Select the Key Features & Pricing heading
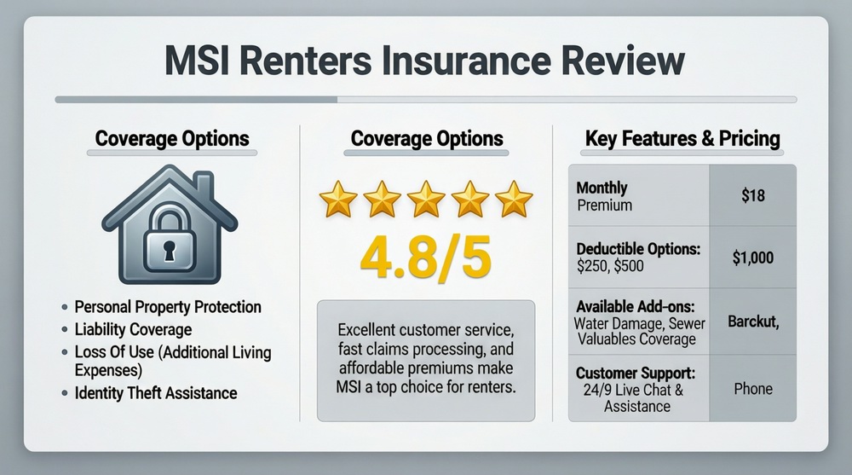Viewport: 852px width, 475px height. (682, 138)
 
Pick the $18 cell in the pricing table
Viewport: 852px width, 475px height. (753, 195)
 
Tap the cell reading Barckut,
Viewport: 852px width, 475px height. (753, 322)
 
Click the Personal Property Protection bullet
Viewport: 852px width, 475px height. (168, 306)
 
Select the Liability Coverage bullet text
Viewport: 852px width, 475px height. (133, 329)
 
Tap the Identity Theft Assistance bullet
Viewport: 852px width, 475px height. (156, 393)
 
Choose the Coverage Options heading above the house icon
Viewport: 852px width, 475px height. (172, 138)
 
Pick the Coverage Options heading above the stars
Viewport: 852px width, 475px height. (426, 138)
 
